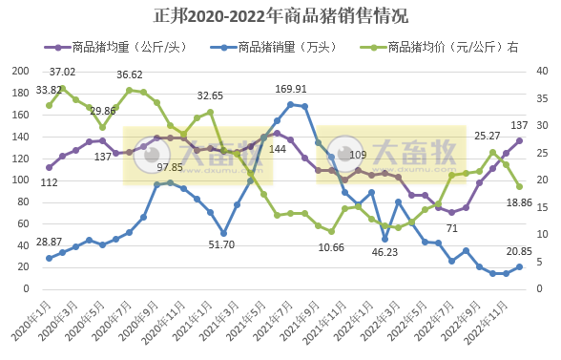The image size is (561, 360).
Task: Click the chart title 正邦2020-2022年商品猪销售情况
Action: click(x=280, y=16)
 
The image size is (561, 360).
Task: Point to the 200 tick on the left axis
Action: click(x=21, y=72)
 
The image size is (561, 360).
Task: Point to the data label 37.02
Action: click(x=63, y=72)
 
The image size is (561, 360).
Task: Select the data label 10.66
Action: click(x=331, y=247)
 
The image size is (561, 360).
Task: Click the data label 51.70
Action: click(x=222, y=245)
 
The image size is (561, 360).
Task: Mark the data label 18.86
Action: click(x=519, y=202)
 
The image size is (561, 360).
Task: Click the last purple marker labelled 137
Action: click(x=519, y=140)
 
